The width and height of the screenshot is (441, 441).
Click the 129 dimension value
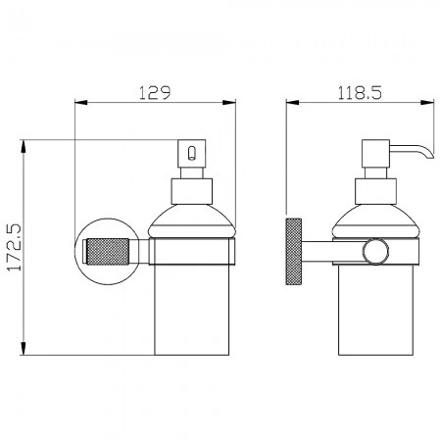155,93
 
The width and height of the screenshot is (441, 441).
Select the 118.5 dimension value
360,93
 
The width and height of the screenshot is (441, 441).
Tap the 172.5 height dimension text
15,247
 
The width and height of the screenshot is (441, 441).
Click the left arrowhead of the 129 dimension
81,103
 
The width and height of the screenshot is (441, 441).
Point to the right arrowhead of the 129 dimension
229,103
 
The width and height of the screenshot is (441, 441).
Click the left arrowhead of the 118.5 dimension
292,102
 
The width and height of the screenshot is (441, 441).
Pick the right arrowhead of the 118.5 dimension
427,102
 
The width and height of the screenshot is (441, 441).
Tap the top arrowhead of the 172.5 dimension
23,146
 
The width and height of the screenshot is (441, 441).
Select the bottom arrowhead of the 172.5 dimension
23,348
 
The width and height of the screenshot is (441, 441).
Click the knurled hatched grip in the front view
108,251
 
